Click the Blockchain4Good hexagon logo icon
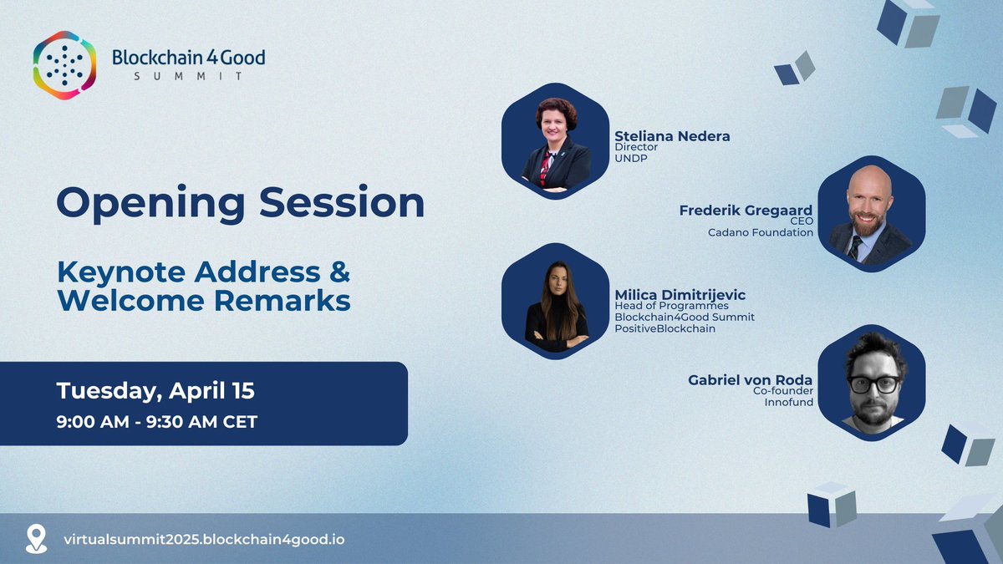tap(64, 65)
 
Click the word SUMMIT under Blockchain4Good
tap(188, 76)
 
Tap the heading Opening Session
tap(240, 203)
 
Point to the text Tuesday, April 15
tap(155, 390)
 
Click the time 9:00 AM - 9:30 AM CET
tap(156, 421)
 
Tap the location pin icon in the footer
tap(37, 537)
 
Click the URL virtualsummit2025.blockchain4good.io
tap(204, 539)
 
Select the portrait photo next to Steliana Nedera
tap(555, 141)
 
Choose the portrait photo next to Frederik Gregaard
tap(871, 213)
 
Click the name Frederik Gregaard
tap(746, 209)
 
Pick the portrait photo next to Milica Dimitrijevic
tap(555, 302)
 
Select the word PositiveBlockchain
tap(664, 328)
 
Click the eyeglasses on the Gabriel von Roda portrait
tap(873, 384)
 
